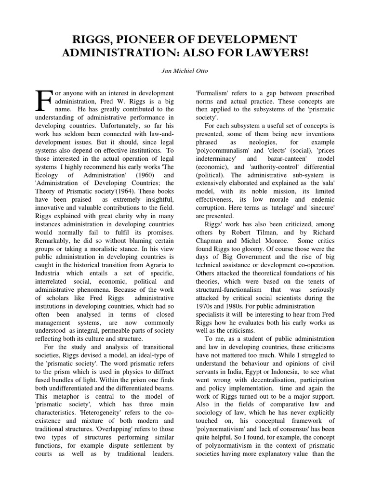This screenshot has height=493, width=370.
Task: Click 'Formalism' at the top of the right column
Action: [212, 92]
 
